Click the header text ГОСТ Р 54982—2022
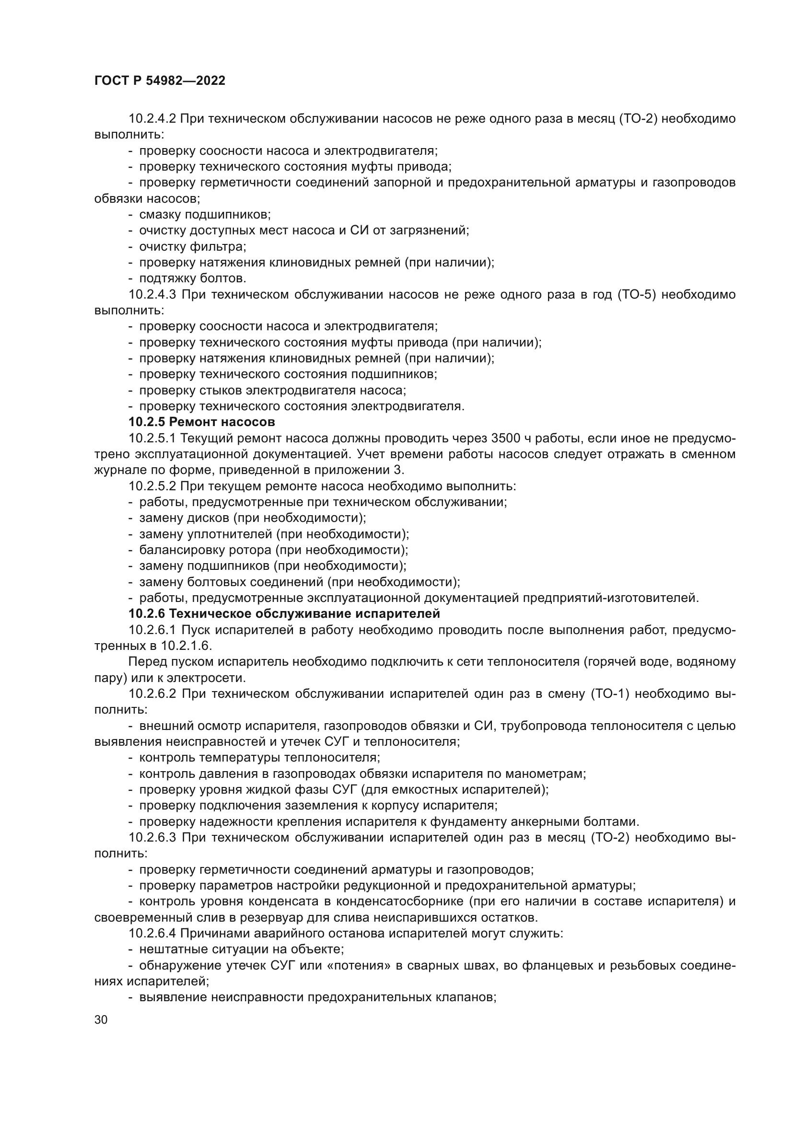click(160, 81)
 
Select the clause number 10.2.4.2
click(152, 119)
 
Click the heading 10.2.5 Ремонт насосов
click(202, 421)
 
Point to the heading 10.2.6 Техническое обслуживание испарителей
click(284, 613)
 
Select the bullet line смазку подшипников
click(205, 214)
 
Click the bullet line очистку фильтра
click(192, 246)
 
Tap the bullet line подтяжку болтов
click(192, 278)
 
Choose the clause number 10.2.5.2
click(152, 486)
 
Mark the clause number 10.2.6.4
click(152, 934)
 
